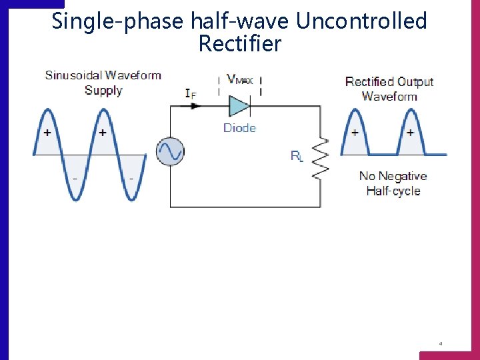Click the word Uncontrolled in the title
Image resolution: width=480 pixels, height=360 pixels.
[361, 21]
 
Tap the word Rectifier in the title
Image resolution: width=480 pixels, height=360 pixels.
[240, 44]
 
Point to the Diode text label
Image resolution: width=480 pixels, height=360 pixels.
[239, 127]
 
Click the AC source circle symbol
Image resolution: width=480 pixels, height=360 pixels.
[170, 152]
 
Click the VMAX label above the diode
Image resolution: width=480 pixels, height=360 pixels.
[240, 79]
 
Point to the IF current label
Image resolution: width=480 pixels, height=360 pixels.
[191, 93]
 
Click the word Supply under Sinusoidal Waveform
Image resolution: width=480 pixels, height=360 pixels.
[103, 90]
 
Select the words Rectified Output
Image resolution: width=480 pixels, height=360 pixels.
[389, 82]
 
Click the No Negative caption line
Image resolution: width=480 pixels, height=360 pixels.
[393, 176]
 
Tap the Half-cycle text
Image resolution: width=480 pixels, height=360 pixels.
[393, 191]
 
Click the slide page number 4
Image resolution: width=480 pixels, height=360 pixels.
[441, 344]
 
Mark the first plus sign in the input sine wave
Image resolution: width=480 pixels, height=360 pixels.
[47, 133]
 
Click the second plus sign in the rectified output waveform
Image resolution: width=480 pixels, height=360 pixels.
[410, 133]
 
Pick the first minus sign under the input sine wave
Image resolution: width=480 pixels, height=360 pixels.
[75, 179]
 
